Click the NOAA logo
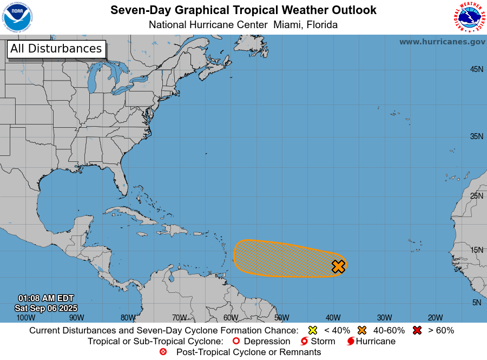click(x=17, y=17)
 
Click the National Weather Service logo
click(x=469, y=17)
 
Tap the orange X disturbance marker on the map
click(x=338, y=266)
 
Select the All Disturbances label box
click(x=56, y=49)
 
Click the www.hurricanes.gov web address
click(x=442, y=42)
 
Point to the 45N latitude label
click(x=476, y=69)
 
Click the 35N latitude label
click(x=476, y=136)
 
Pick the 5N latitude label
click(x=476, y=303)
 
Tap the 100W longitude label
click(x=25, y=318)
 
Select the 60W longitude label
click(x=230, y=318)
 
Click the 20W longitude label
click(x=435, y=318)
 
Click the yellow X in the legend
click(x=312, y=330)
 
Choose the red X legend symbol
click(x=417, y=330)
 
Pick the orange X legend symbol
click(x=362, y=330)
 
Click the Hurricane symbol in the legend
click(x=351, y=342)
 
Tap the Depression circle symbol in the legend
click(x=235, y=342)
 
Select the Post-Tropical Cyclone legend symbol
click(x=163, y=352)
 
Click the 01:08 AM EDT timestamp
click(x=46, y=298)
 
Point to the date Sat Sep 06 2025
click(x=46, y=308)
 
